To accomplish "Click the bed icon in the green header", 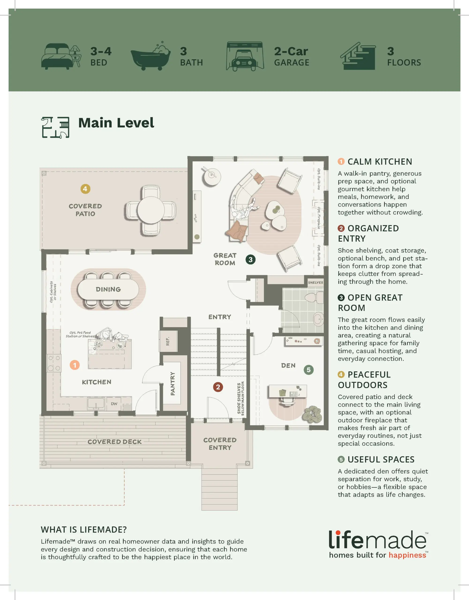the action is click(61, 56).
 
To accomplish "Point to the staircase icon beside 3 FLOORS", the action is click(358, 56).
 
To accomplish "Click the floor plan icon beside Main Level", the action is click(55, 127).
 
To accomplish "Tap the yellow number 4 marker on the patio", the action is click(85, 189).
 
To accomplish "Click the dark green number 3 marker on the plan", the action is click(250, 259).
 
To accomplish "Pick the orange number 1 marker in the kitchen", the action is click(75, 365).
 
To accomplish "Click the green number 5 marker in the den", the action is click(308, 370).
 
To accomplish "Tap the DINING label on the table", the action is click(108, 289).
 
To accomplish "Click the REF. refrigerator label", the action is click(168, 341).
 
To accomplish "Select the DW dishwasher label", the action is click(114, 404).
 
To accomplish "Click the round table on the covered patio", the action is click(151, 210).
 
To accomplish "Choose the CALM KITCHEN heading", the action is click(380, 161).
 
